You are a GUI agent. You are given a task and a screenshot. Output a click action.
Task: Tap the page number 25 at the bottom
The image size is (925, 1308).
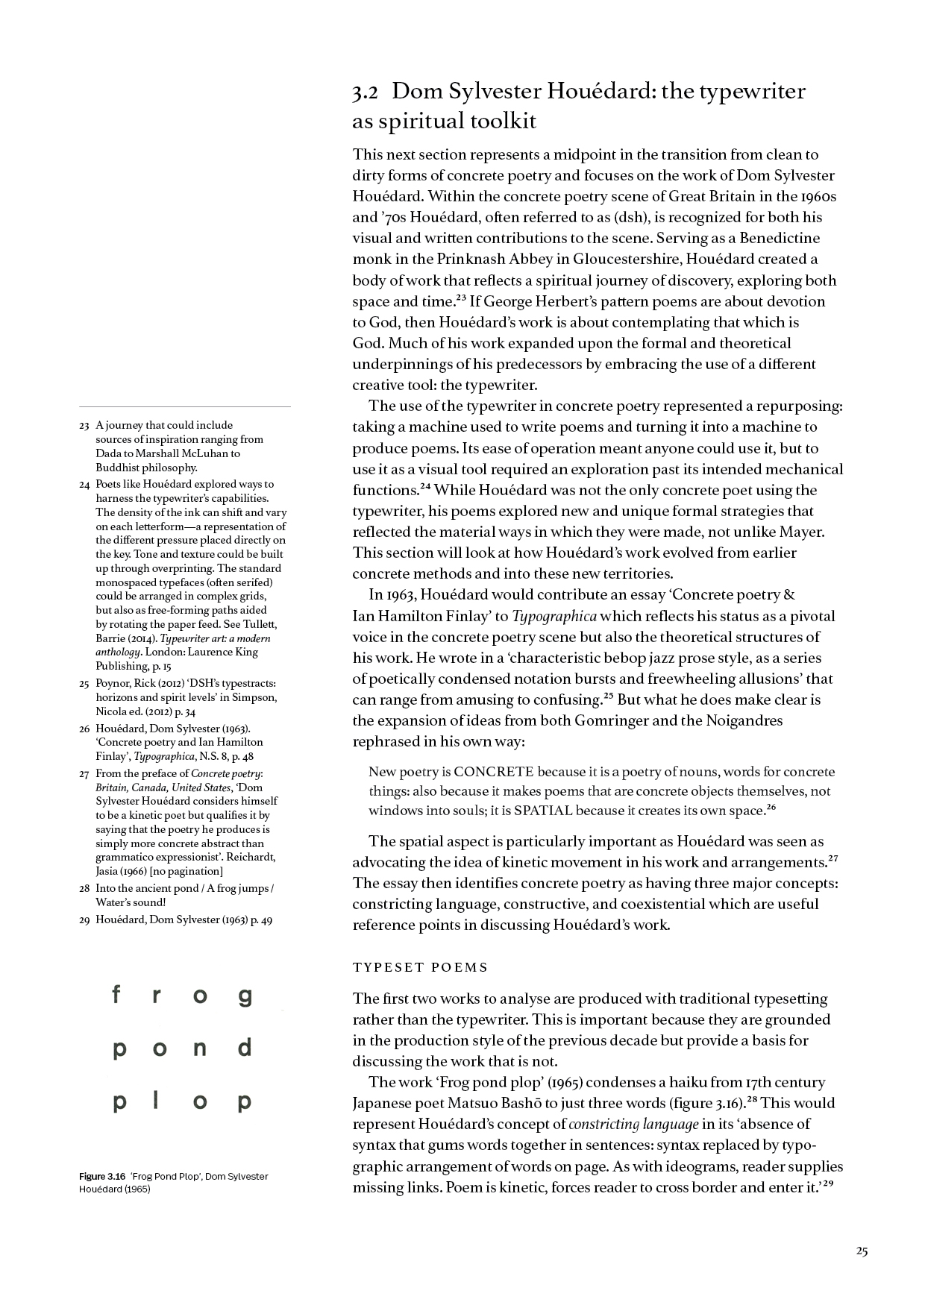point(862,1252)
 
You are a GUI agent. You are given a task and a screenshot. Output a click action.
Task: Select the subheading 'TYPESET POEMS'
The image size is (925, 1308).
point(420,967)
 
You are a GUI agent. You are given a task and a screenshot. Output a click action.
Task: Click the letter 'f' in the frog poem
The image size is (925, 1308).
point(116,995)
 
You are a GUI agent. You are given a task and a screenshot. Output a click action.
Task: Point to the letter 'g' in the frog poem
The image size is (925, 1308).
point(245,997)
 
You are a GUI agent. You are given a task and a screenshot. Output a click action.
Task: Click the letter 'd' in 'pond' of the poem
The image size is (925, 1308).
point(245,1048)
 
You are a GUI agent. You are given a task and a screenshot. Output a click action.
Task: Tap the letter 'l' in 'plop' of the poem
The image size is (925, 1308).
point(155,1101)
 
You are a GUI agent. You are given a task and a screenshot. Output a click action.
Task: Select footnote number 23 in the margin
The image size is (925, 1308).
point(84,425)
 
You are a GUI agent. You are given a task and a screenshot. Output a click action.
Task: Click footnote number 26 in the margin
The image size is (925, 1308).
point(84,729)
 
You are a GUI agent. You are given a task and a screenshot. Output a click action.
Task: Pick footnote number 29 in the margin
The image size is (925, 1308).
point(84,920)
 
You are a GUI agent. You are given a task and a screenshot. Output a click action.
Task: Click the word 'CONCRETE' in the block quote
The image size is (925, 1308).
point(493,772)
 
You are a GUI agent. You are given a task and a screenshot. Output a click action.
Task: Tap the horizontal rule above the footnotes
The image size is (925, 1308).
point(185,406)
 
